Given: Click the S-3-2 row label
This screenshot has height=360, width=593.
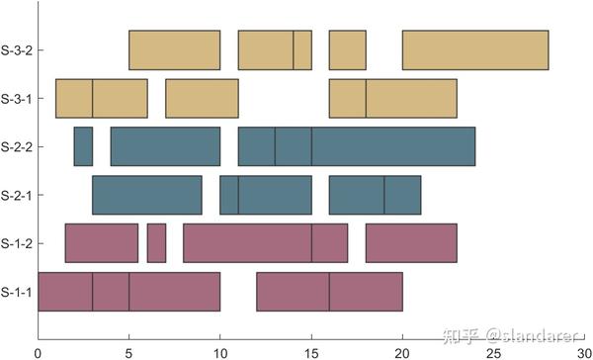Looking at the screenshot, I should tap(17, 50).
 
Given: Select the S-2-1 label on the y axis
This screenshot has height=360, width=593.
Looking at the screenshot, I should tap(17, 195).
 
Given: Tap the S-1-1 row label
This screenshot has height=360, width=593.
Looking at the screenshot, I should tap(17, 292).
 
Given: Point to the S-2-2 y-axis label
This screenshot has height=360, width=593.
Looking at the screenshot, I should tap(17, 146).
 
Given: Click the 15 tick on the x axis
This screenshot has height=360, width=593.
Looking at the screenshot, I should tap(311, 350).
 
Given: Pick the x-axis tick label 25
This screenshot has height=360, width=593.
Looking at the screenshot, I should tap(493, 350).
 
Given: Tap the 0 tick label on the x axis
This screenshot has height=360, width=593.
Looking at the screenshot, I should tap(38, 350).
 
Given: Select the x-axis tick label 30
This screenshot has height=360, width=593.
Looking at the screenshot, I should tap(583, 350).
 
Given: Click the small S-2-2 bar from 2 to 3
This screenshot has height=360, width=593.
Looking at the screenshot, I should tap(83, 146).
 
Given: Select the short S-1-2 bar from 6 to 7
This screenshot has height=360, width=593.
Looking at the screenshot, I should tap(156, 243).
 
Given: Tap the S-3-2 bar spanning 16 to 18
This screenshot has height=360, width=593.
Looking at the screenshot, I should tap(348, 50).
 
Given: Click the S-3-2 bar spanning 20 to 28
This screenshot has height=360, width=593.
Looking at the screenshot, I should tap(475, 50).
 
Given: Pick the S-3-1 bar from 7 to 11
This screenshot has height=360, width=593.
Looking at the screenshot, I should tap(202, 98).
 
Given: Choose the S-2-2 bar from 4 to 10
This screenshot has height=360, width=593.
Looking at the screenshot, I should tap(165, 146).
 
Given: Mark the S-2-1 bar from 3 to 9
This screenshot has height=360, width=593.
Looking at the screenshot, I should tap(147, 195).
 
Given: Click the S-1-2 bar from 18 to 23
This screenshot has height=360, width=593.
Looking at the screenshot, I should tap(411, 243).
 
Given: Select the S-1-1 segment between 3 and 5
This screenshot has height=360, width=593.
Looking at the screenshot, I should tap(111, 292).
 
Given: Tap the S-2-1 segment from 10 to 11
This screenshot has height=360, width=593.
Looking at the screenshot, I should tap(229, 195).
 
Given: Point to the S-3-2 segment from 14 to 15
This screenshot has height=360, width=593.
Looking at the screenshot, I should tap(302, 50).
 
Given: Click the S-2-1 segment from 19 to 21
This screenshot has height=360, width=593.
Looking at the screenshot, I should tap(402, 195).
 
